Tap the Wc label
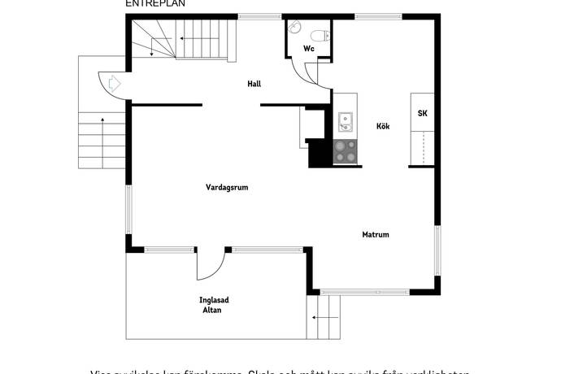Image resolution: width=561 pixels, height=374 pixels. (308, 49)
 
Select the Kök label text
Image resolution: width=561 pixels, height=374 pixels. (383, 126)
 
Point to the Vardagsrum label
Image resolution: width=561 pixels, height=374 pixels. (226, 187)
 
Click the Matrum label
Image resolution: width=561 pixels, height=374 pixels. (376, 235)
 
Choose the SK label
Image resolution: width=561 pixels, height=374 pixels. (422, 114)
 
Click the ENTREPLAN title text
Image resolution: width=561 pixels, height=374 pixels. (155, 3)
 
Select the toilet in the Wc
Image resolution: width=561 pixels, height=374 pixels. (320, 34)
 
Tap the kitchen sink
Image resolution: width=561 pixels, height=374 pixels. (345, 123)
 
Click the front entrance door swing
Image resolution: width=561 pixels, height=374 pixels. (112, 84)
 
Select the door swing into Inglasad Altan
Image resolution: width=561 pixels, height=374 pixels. (210, 264)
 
